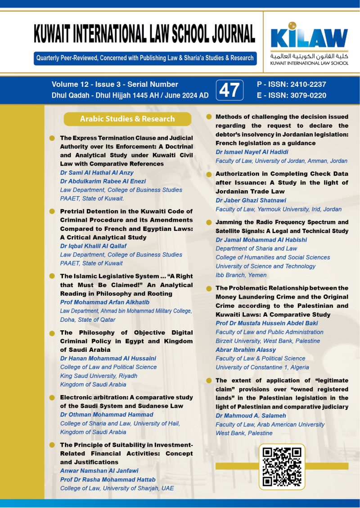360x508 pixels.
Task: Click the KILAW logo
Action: click(309, 38)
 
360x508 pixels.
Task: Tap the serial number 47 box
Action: click(229, 90)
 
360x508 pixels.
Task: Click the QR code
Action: click(282, 467)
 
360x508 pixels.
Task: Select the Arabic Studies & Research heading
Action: click(127, 119)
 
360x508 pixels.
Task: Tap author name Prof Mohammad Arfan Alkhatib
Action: click(104, 302)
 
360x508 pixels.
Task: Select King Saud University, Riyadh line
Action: click(99, 376)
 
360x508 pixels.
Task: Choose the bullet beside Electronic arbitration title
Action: click(52, 397)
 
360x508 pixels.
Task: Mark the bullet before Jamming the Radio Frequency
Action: click(209, 222)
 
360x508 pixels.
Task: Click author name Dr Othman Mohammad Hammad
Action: click(107, 414)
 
